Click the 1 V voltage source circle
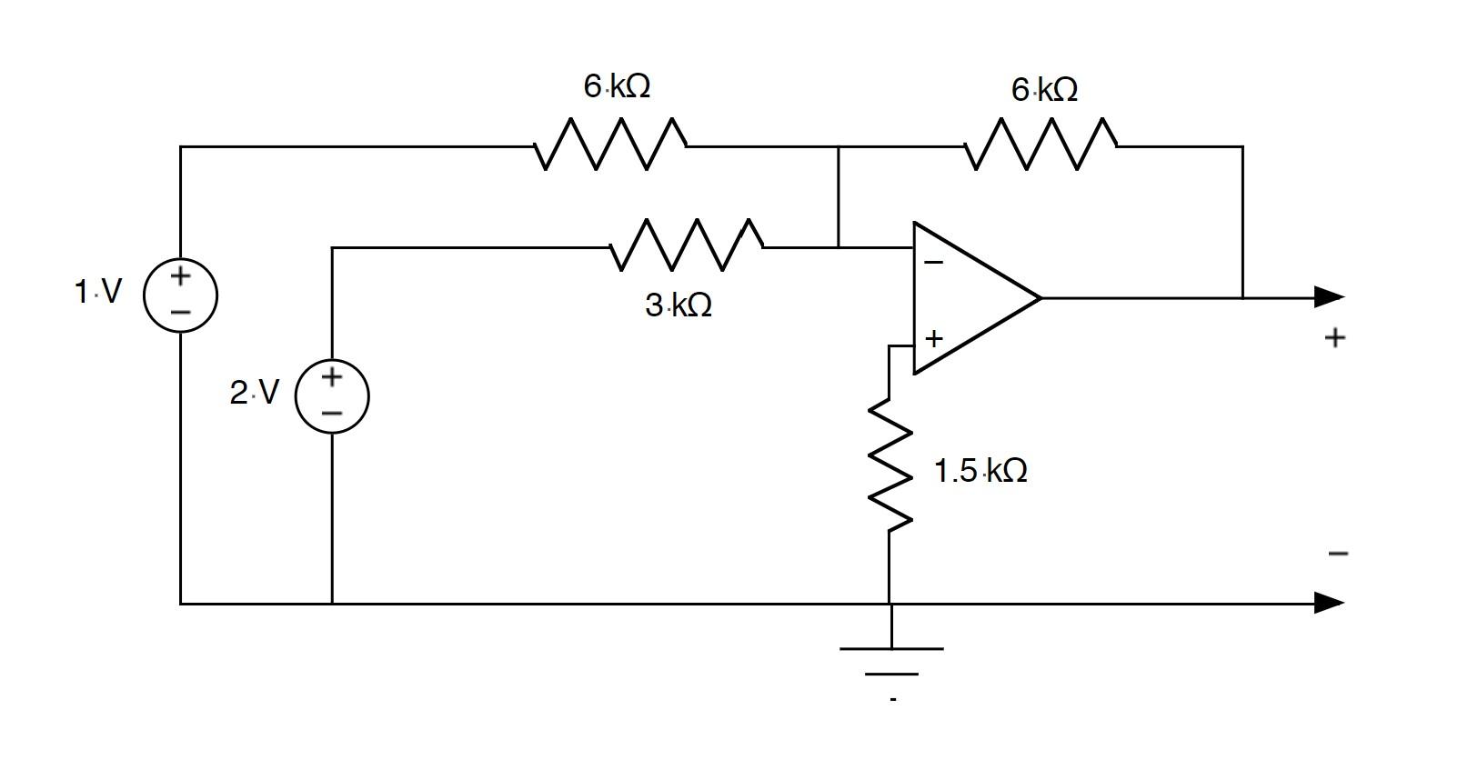click(x=180, y=295)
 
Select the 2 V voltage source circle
click(x=332, y=395)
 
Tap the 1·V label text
click(x=97, y=292)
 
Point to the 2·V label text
click(x=254, y=393)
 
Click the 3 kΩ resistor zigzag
click(x=687, y=245)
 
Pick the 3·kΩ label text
click(x=679, y=305)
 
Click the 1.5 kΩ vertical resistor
click(x=890, y=464)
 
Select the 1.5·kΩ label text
click(x=980, y=471)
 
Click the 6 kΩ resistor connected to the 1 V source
click(x=610, y=145)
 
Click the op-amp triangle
click(x=969, y=297)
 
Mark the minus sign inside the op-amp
click(x=933, y=263)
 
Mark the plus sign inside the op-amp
click(x=934, y=338)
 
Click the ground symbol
click(x=891, y=661)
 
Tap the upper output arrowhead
click(x=1329, y=296)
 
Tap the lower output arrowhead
click(x=1329, y=603)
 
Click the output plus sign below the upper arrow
click(x=1334, y=338)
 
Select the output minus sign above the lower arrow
click(x=1337, y=553)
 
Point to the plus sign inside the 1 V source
click(x=180, y=275)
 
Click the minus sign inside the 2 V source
click(x=332, y=414)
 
